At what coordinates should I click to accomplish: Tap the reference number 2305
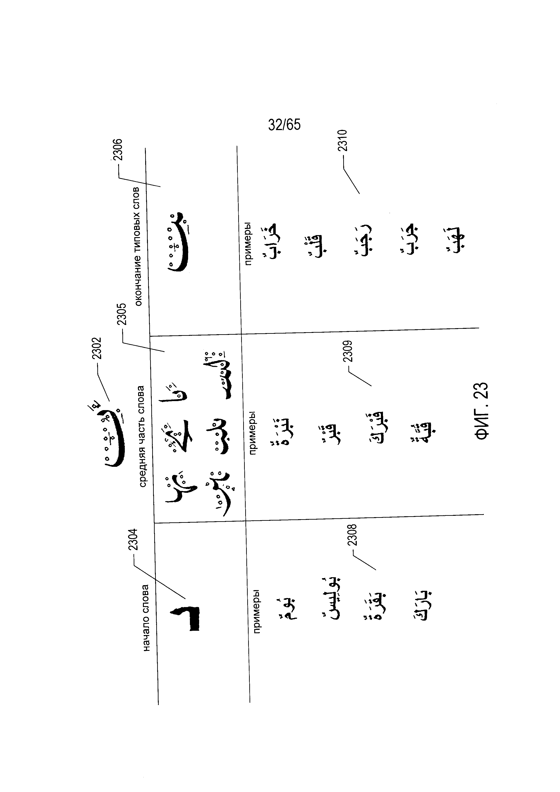click(122, 314)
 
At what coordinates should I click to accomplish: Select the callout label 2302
click(97, 348)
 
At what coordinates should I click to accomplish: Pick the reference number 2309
click(348, 351)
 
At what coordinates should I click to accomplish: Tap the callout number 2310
click(342, 140)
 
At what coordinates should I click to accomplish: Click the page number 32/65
click(285, 125)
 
